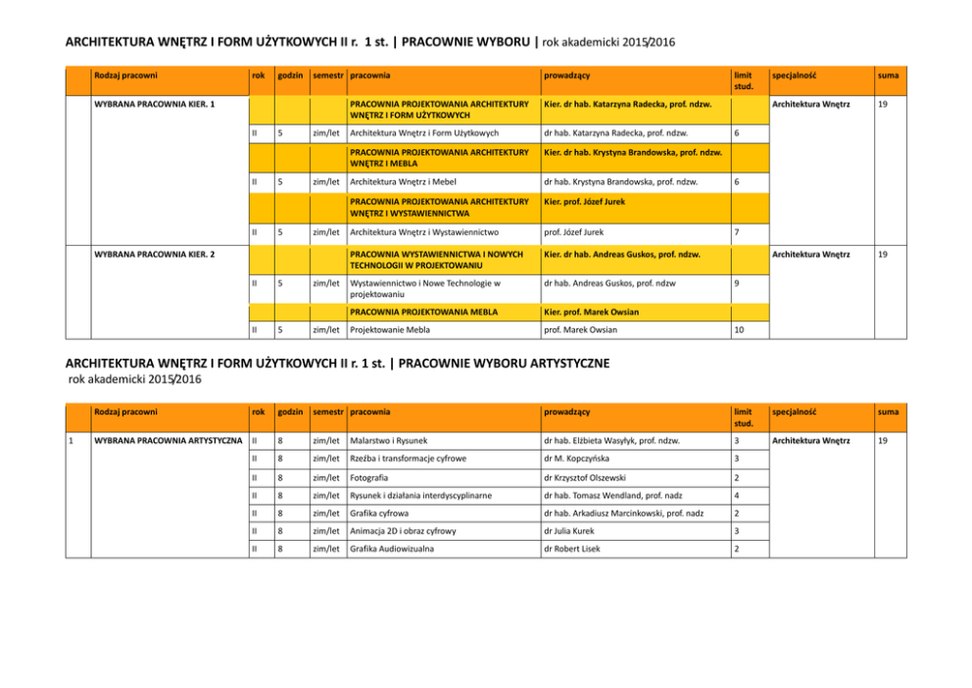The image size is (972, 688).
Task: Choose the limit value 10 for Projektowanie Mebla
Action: coord(740,330)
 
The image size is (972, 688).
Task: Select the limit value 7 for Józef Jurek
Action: coord(737,232)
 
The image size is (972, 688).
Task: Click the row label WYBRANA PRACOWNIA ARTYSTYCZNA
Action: coord(167,440)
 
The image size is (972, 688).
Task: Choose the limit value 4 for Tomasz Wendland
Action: coord(737,495)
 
